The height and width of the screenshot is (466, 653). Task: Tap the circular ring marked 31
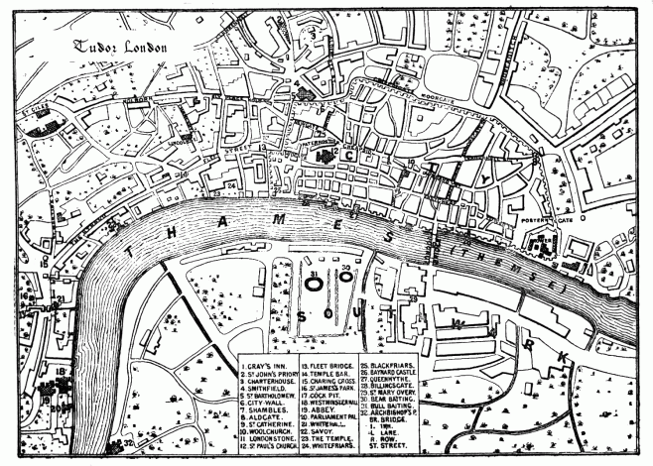click(x=314, y=282)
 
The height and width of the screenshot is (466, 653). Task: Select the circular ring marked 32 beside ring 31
click(x=345, y=278)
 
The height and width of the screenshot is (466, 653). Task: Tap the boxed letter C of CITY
click(x=350, y=155)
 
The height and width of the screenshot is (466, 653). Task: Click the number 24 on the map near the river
click(x=230, y=185)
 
